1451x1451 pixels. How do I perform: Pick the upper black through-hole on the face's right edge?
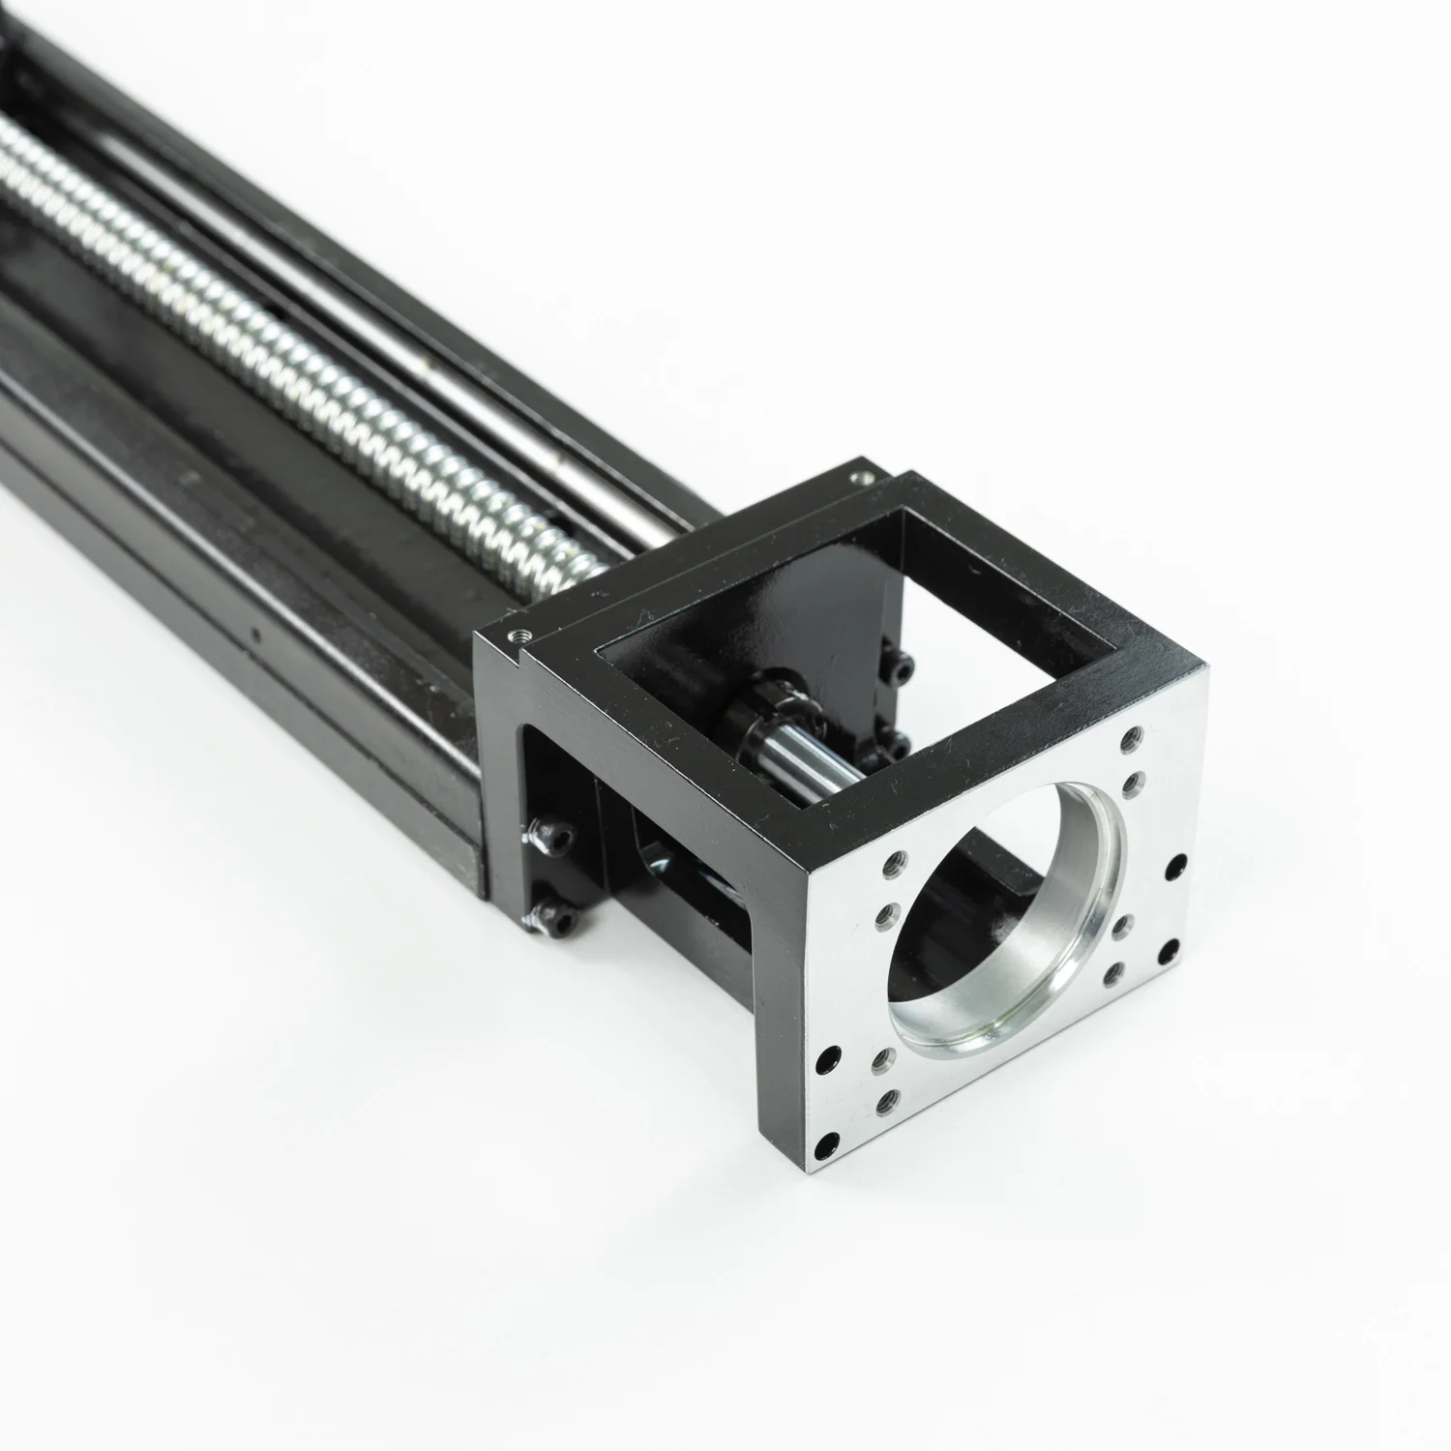(x=1177, y=864)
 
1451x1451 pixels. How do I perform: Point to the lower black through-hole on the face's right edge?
(x=1170, y=948)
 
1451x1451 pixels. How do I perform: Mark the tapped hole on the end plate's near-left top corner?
(x=512, y=633)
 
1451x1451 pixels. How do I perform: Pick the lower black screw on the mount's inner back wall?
(x=896, y=746)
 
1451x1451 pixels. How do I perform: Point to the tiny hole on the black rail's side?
(x=254, y=637)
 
